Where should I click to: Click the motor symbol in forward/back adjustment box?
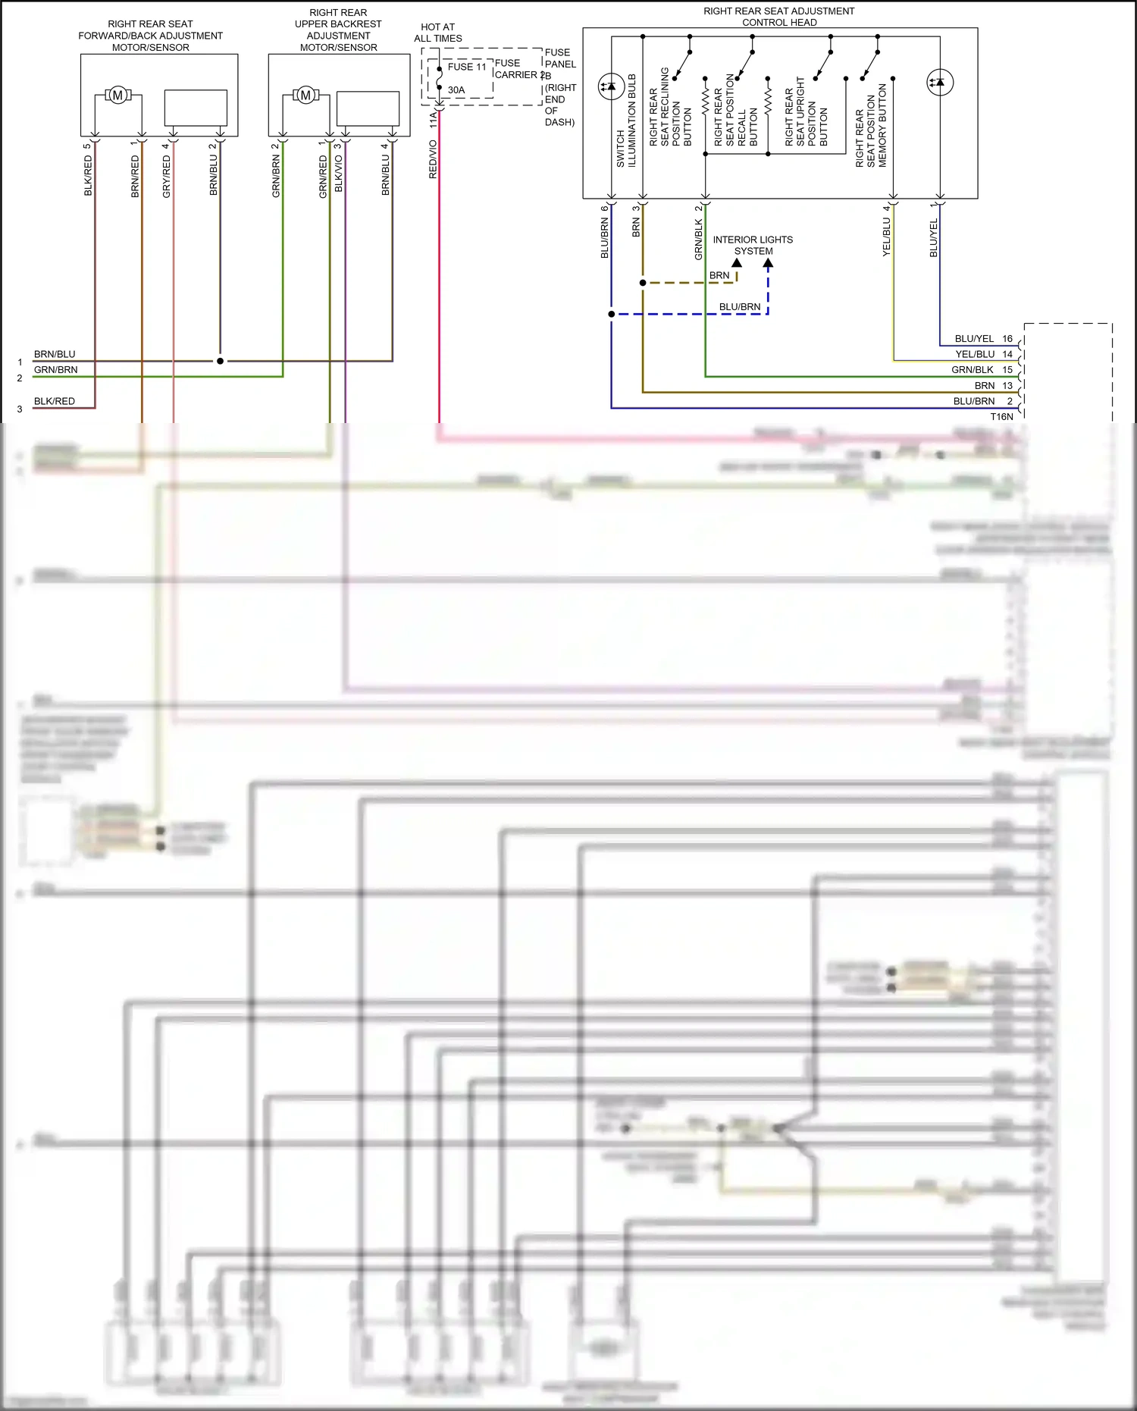(117, 96)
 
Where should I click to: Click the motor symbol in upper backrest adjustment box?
(305, 96)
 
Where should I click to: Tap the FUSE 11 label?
(466, 67)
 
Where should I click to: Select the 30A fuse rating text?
(456, 89)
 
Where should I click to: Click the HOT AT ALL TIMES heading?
(438, 33)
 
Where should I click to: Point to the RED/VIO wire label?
(433, 159)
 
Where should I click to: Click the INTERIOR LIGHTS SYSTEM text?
(753, 245)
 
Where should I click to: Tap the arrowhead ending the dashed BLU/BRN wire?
(768, 264)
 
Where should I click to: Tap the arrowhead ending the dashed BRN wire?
(737, 263)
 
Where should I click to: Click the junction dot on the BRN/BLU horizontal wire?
(220, 361)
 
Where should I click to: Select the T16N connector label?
(1001, 416)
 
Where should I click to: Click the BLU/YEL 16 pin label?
(983, 339)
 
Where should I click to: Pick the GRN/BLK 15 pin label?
(982, 370)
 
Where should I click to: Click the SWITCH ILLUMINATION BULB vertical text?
(626, 121)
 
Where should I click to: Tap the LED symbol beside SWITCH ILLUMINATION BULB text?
(611, 86)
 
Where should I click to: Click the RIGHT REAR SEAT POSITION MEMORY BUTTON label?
(871, 126)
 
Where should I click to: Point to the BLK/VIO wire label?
(339, 173)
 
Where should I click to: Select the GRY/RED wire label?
(167, 177)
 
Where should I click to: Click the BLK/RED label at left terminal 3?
(55, 401)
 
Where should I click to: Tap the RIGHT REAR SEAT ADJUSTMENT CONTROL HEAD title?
(779, 17)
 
